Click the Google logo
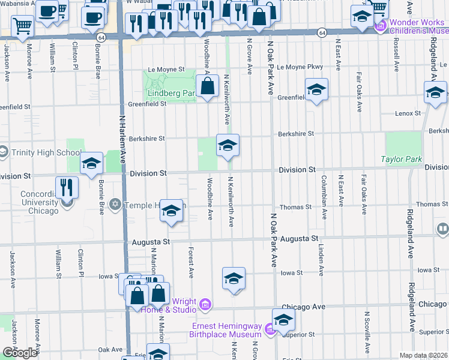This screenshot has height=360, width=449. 20,353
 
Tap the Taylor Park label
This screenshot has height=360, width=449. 402,159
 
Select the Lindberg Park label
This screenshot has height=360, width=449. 171,94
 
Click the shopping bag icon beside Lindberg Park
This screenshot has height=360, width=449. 207,86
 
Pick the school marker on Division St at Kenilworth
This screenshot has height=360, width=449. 228,146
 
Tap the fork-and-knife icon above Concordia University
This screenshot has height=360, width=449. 67,188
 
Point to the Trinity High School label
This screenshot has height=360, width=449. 40,152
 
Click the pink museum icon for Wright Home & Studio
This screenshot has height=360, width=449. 205,305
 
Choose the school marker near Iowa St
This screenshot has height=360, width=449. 234,279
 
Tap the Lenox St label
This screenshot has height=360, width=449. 408,113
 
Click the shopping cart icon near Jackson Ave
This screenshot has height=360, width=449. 22,26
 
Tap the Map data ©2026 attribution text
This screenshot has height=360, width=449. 423,355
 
